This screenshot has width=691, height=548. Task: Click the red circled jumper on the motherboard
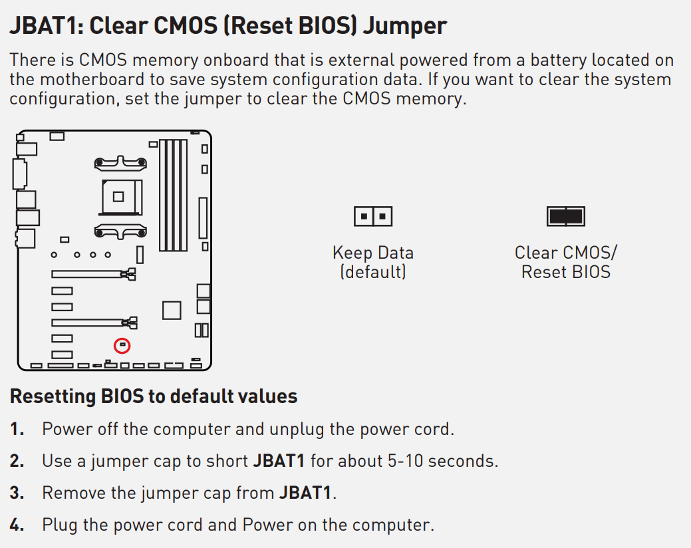pyautogui.click(x=122, y=346)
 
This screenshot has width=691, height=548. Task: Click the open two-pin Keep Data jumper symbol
pyautogui.click(x=373, y=216)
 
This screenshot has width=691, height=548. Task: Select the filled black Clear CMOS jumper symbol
pyautogui.click(x=566, y=216)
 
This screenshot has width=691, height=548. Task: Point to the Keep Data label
pyautogui.click(x=373, y=253)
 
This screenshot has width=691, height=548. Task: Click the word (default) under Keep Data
pyautogui.click(x=373, y=272)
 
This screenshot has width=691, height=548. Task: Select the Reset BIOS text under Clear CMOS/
pyautogui.click(x=566, y=272)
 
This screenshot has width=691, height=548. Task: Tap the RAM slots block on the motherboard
pyautogui.click(x=173, y=195)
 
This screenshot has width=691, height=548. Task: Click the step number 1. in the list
pyautogui.click(x=17, y=429)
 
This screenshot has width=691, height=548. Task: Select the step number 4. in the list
pyautogui.click(x=17, y=525)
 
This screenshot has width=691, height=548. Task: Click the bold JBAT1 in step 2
pyautogui.click(x=279, y=461)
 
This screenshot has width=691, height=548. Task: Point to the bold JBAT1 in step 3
pyautogui.click(x=305, y=493)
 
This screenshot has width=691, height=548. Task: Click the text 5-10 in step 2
pyautogui.click(x=405, y=461)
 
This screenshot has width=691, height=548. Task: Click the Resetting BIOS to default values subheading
pyautogui.click(x=154, y=396)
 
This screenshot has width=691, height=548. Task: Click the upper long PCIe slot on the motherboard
pyautogui.click(x=93, y=274)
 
